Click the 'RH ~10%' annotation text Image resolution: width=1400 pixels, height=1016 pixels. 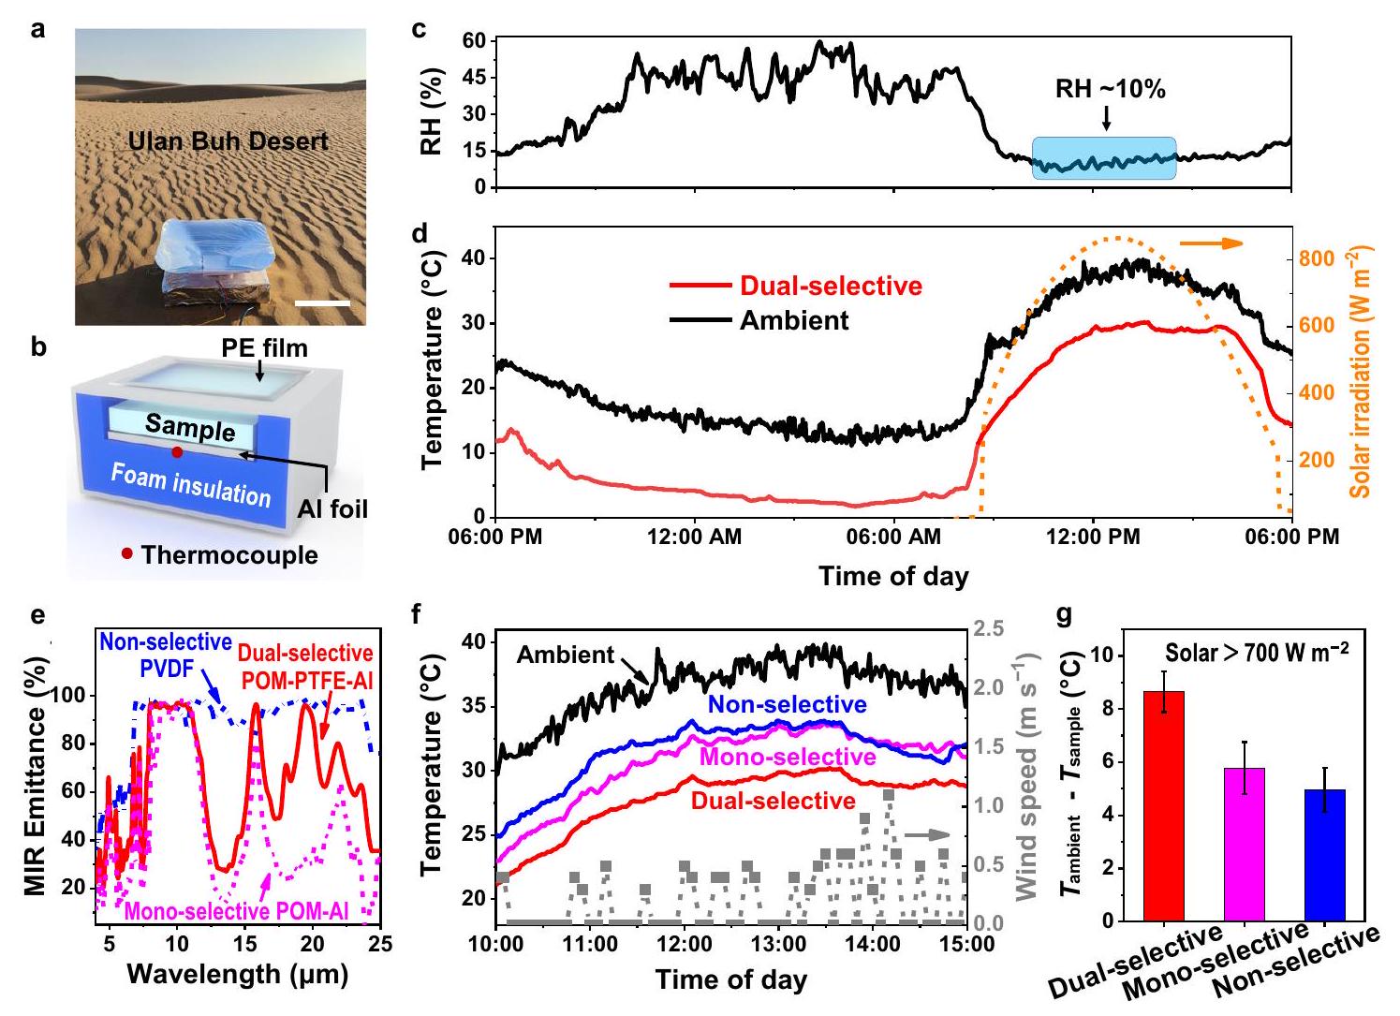click(x=1111, y=89)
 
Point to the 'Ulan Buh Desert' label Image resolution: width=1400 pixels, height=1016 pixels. click(x=228, y=141)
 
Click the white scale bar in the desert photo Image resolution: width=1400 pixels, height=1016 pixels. click(x=326, y=302)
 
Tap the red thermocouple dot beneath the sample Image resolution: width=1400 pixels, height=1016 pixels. click(x=177, y=452)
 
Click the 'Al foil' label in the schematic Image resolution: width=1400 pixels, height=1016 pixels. click(x=332, y=508)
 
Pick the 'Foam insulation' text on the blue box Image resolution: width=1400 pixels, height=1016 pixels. click(x=191, y=484)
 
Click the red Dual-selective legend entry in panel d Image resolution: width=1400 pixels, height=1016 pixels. click(x=796, y=286)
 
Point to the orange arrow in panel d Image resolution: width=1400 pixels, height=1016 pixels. click(x=1211, y=243)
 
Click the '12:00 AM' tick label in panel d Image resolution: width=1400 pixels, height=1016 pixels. click(x=695, y=537)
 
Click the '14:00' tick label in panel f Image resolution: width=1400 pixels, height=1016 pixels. click(x=873, y=944)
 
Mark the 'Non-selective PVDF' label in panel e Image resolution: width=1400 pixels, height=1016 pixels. click(x=166, y=653)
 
